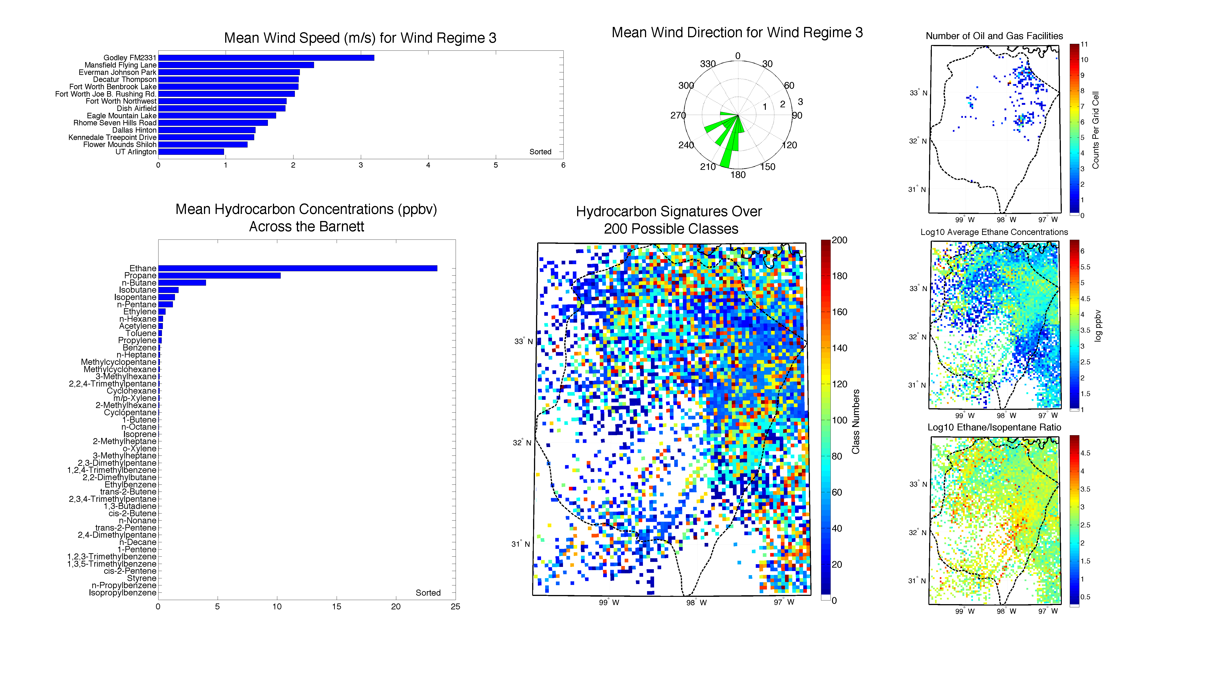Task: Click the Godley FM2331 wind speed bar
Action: pyautogui.click(x=266, y=58)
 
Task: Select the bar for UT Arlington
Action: pyautogui.click(x=191, y=152)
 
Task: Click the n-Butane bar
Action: pyautogui.click(x=182, y=283)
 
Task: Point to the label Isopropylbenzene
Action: pyautogui.click(x=122, y=593)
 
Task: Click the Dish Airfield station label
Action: pyautogui.click(x=137, y=108)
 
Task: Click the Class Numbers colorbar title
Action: pyautogui.click(x=855, y=422)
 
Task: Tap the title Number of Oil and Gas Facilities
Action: pyautogui.click(x=994, y=36)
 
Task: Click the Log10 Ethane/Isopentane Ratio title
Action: pyautogui.click(x=994, y=427)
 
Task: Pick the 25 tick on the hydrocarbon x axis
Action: pyautogui.click(x=455, y=606)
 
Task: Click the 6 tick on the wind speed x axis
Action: pyautogui.click(x=563, y=165)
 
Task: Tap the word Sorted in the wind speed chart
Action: pyautogui.click(x=540, y=152)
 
